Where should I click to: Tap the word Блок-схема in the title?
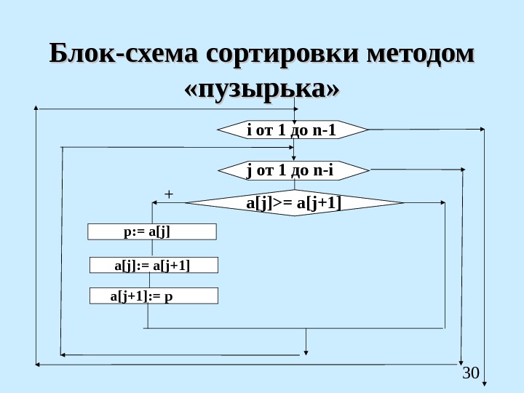pyautogui.click(x=123, y=55)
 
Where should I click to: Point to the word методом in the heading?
pyautogui.click(x=423, y=55)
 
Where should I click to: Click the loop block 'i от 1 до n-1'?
pyautogui.click(x=293, y=131)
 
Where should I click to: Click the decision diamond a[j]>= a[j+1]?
pyautogui.click(x=294, y=202)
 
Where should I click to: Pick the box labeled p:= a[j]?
pyautogui.click(x=152, y=231)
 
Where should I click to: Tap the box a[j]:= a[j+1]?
pyautogui.click(x=154, y=264)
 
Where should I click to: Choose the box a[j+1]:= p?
pyautogui.click(x=154, y=295)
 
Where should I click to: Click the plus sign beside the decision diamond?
pyautogui.click(x=168, y=194)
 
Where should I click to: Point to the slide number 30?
pyautogui.click(x=471, y=373)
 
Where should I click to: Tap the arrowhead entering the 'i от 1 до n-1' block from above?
pyautogui.click(x=294, y=118)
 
